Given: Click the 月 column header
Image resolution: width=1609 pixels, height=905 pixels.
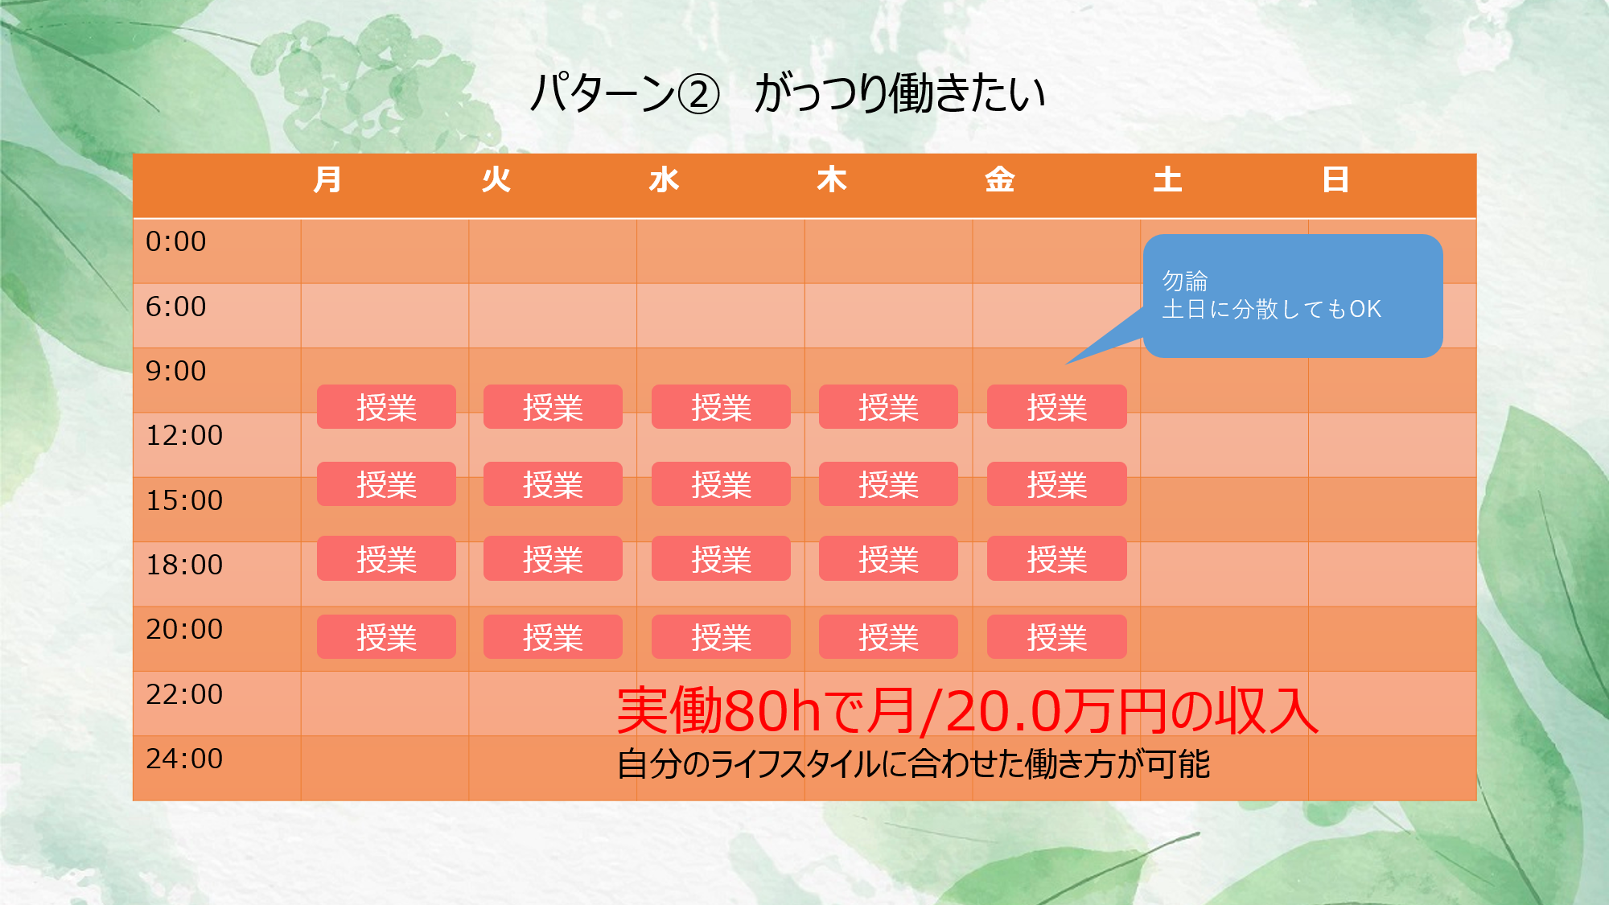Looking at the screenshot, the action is tap(327, 179).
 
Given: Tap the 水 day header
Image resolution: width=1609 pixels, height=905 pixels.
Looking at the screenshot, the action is tap(665, 179).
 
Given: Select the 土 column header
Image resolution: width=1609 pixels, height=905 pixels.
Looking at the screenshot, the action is tap(1167, 179).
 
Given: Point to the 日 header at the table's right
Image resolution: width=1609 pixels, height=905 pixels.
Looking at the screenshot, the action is tap(1335, 179).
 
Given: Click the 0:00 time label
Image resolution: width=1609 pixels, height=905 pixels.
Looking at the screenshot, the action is tap(175, 241).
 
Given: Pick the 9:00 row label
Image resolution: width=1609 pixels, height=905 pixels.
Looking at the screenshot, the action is tap(175, 371).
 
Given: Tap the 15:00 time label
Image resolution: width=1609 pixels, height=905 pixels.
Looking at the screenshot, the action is tap(184, 500).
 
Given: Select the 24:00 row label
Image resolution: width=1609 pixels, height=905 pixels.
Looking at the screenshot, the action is tap(184, 759).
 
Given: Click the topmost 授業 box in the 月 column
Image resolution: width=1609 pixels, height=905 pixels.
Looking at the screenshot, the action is tap(386, 407).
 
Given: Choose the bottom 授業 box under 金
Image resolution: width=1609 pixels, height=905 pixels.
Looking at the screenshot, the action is tap(1056, 637).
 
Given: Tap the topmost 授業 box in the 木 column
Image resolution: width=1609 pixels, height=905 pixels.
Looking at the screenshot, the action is tap(888, 407).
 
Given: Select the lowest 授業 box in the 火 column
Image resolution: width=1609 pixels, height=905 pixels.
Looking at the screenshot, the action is tap(553, 637).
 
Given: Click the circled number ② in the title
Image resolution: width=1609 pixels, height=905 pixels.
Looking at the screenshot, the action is tap(699, 95).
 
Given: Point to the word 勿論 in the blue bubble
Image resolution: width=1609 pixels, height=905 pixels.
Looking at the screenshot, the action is tap(1185, 281).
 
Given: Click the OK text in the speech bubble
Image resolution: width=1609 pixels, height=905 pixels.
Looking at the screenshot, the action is tap(1365, 309).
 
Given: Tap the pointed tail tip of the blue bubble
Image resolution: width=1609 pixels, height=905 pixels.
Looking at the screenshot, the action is tap(1067, 364).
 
